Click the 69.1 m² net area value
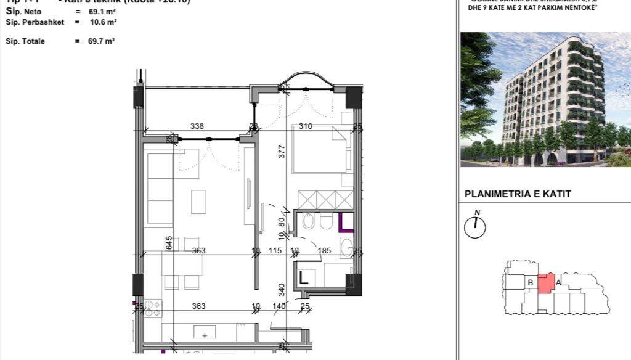(x=102, y=12)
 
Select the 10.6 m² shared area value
(x=104, y=22)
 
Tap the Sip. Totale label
(x=25, y=41)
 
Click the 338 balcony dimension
(x=197, y=126)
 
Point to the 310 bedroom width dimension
(x=306, y=126)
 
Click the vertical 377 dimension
(x=282, y=152)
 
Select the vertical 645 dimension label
(x=168, y=243)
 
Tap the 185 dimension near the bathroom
(x=325, y=251)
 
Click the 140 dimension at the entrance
(x=279, y=306)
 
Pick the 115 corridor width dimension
(x=275, y=251)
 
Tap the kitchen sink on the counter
(x=205, y=333)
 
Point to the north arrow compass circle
(x=475, y=227)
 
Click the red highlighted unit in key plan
(x=545, y=284)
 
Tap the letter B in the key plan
(x=530, y=283)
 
